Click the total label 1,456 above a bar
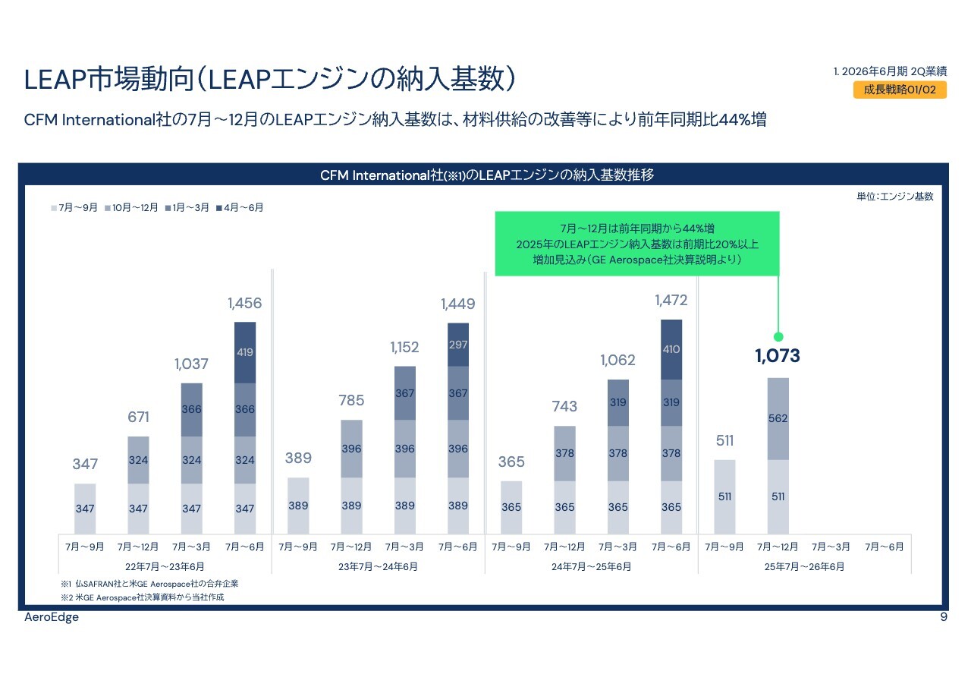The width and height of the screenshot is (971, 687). tap(244, 304)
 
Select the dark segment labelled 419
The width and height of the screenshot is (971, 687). tap(244, 352)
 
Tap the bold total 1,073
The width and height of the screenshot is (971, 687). tap(778, 356)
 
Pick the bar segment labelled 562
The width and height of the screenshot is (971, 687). tap(778, 418)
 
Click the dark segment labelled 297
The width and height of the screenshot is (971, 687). tap(458, 345)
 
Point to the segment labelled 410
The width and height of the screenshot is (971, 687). tap(671, 349)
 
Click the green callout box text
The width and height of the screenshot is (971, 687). tap(636, 244)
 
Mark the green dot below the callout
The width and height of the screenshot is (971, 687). tap(778, 336)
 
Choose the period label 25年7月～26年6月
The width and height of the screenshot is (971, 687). tap(804, 566)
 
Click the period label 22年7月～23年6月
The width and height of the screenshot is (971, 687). tap(165, 566)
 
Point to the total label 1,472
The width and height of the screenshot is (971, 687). tap(671, 301)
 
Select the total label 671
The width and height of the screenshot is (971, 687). tap(138, 418)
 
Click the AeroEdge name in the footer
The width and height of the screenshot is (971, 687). tap(51, 617)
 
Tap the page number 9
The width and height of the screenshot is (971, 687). tap(943, 617)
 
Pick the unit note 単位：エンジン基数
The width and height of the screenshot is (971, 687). tap(894, 196)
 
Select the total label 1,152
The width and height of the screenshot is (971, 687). tap(405, 348)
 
